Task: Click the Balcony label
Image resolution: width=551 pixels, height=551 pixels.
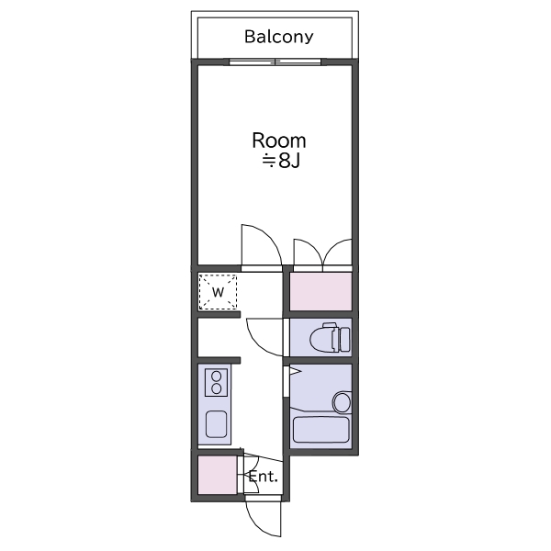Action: click(278, 37)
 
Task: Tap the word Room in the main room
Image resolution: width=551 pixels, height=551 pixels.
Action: click(279, 141)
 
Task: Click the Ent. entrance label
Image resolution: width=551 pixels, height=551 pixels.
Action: click(264, 477)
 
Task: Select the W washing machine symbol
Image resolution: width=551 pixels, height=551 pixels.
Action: click(218, 292)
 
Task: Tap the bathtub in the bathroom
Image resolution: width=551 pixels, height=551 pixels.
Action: click(320, 430)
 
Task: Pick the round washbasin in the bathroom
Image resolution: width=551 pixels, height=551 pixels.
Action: click(342, 402)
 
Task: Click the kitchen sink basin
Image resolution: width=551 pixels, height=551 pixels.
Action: click(216, 424)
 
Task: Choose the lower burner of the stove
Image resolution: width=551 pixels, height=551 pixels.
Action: click(216, 388)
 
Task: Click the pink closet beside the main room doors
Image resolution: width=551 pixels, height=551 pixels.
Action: click(320, 292)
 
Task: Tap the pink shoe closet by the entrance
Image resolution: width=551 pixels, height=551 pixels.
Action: click(218, 475)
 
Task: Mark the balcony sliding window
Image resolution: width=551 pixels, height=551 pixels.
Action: click(275, 62)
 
